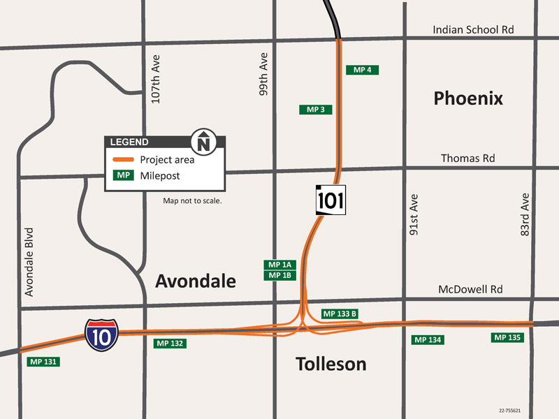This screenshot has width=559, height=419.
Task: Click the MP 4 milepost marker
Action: (362, 70)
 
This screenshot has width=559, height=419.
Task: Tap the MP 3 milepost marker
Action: (315, 110)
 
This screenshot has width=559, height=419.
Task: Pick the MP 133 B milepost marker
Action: (340, 314)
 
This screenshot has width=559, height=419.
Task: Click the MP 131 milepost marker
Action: (43, 362)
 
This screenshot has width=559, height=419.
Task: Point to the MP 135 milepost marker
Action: (507, 337)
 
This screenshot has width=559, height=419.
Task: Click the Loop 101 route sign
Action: (331, 200)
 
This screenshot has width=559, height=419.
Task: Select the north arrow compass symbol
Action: (204, 141)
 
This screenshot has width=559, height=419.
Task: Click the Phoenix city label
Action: (468, 98)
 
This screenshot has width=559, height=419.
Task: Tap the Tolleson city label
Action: (331, 364)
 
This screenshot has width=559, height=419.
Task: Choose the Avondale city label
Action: (196, 281)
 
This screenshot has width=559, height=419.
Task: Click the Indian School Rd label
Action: (473, 30)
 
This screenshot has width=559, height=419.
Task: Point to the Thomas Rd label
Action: (467, 159)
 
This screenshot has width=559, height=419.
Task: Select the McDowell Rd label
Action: (470, 289)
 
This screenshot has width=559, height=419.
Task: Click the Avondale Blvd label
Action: (29, 261)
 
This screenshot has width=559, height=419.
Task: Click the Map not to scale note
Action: (192, 200)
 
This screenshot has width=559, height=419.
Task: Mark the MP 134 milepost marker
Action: (428, 339)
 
